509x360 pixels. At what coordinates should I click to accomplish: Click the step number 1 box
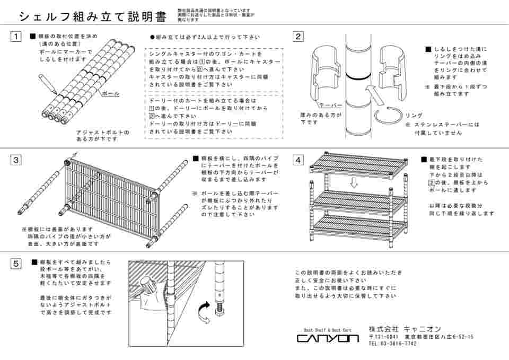16,37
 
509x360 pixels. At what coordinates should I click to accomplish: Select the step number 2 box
299,37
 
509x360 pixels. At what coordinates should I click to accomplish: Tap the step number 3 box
16,160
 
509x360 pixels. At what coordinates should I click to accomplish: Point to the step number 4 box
299,160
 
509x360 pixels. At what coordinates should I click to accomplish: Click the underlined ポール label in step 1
110,93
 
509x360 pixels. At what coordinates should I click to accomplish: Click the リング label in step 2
414,115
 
